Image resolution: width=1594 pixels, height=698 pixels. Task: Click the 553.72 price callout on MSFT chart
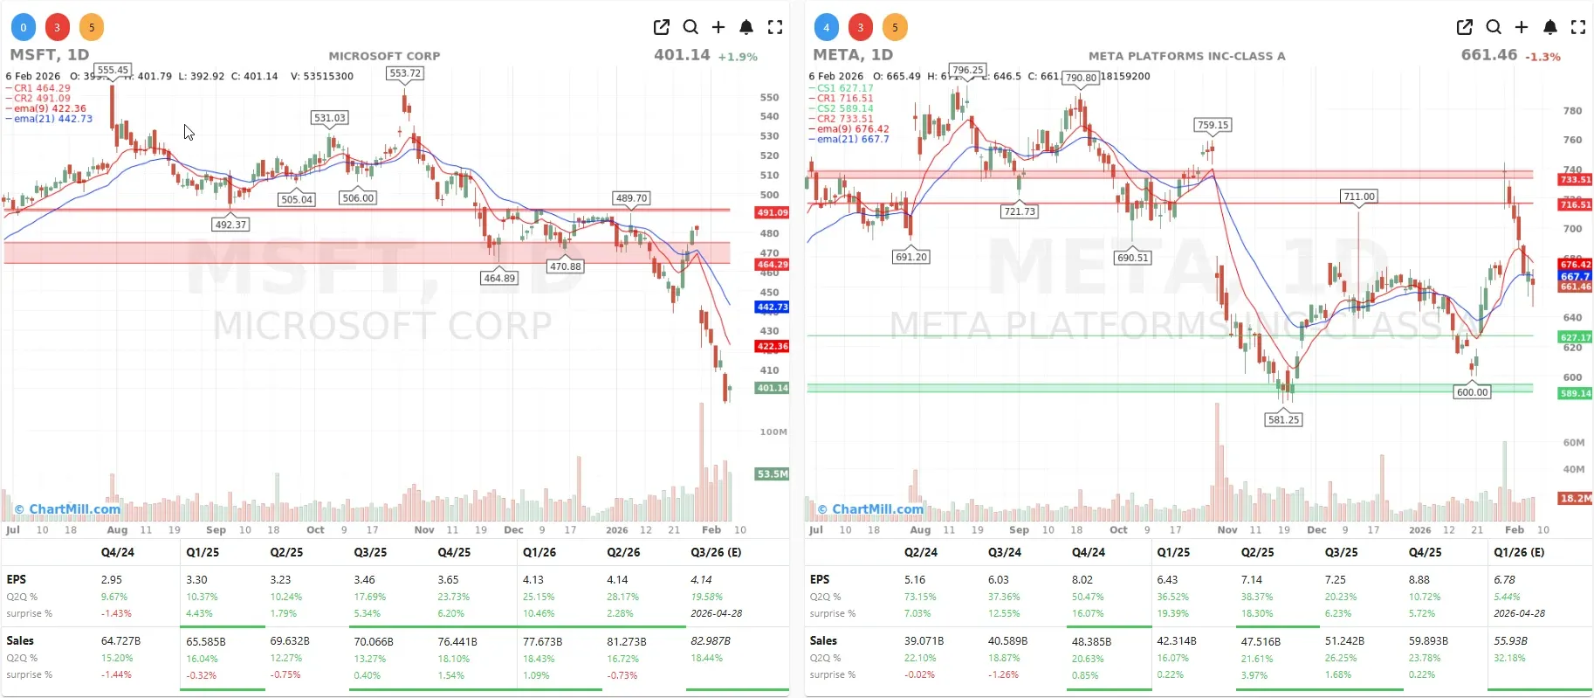pos(405,73)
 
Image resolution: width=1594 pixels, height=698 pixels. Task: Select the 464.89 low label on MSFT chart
pos(499,278)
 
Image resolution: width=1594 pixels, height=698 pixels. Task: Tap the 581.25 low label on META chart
pos(1283,419)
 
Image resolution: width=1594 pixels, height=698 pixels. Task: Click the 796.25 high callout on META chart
pos(967,70)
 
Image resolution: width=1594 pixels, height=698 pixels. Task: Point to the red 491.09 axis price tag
pos(772,212)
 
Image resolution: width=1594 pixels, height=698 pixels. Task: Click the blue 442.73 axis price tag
pos(772,307)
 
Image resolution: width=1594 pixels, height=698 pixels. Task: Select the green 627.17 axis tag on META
pos(1575,337)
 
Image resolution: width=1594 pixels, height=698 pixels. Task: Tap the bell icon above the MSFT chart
pos(746,27)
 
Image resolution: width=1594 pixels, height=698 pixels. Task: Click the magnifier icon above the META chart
pos(1494,27)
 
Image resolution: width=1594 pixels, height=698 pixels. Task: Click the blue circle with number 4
pos(826,27)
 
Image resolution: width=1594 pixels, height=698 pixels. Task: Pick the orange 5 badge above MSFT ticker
pos(92,27)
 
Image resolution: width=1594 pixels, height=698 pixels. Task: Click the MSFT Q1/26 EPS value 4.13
pos(532,579)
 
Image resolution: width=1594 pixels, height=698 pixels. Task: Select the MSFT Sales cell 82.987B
pos(710,640)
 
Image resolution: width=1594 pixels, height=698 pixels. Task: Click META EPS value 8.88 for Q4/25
pos(1419,579)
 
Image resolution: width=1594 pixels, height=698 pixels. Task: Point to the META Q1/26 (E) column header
pos(1518,552)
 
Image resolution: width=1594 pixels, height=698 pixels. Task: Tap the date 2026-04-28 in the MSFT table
pos(716,613)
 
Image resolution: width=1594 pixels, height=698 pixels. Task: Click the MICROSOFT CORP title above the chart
pos(384,56)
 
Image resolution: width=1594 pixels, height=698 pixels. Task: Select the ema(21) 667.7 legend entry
pos(852,139)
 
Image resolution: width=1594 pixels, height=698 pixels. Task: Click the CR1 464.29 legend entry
pos(42,88)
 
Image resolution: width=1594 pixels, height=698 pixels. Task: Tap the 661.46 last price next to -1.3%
pos(1488,54)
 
